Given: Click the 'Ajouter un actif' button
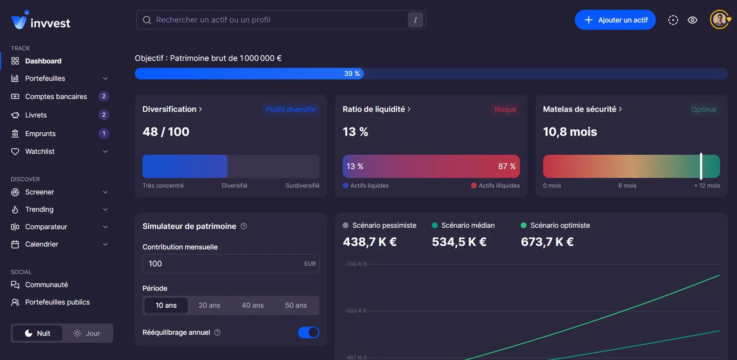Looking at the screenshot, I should (615, 20).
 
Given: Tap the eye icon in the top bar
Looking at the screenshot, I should (692, 20).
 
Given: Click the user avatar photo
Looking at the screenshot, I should (719, 20).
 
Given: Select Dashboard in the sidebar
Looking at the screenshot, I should (43, 61).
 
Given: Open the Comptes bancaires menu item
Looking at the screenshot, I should (56, 97).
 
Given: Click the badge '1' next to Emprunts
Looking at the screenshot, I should (104, 134).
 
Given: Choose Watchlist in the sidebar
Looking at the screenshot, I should (40, 152).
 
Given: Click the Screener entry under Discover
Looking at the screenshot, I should (40, 192).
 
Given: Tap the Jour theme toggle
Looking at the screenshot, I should (87, 333).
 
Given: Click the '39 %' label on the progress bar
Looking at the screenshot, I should (352, 73).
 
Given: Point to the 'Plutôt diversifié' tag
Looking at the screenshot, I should (291, 109).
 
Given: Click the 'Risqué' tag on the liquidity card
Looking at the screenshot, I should (505, 109).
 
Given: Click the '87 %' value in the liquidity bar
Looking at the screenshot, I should (507, 166).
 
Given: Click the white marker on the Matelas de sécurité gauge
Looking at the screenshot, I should (701, 166).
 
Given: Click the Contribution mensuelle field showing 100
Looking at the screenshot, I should (223, 264).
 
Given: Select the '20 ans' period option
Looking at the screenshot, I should (209, 306).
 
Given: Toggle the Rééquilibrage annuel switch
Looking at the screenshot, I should (308, 332).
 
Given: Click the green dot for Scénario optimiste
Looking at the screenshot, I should (523, 225).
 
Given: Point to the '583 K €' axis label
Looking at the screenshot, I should (357, 311).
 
